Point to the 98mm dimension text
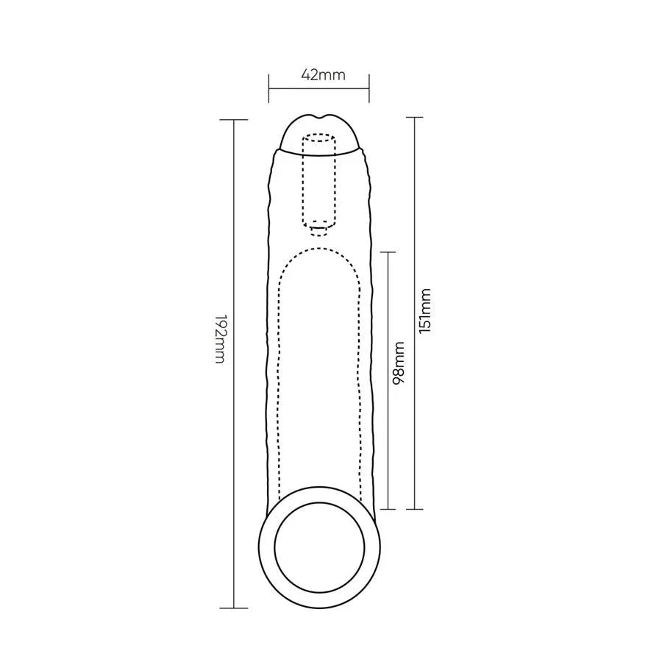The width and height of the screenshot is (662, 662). pyautogui.click(x=399, y=363)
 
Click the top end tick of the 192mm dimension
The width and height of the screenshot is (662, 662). pyautogui.click(x=234, y=119)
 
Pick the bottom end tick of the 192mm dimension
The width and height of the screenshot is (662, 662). pyautogui.click(x=234, y=608)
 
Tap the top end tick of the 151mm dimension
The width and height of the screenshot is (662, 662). pyautogui.click(x=416, y=118)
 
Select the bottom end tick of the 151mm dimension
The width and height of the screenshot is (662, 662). pyautogui.click(x=416, y=508)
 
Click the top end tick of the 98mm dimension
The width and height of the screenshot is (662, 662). pyautogui.click(x=388, y=252)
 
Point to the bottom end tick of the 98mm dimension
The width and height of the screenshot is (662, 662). pyautogui.click(x=388, y=508)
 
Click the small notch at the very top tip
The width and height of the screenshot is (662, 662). pyautogui.click(x=320, y=118)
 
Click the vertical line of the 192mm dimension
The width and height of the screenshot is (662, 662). pyautogui.click(x=234, y=441)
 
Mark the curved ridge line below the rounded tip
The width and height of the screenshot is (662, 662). pyautogui.click(x=320, y=152)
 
